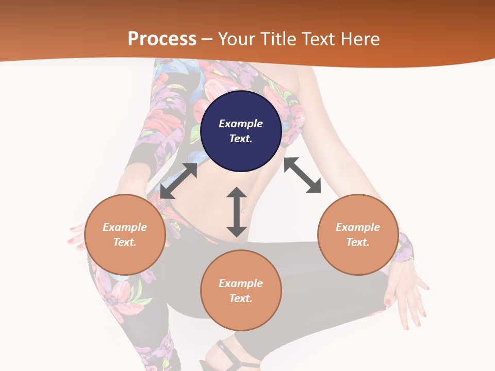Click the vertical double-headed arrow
[237, 212]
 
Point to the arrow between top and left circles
[179, 180]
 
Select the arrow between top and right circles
[302, 175]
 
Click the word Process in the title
[162, 39]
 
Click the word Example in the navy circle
[241, 124]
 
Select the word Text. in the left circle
[125, 242]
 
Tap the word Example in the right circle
[358, 227]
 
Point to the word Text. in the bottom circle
[241, 298]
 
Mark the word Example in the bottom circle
[241, 283]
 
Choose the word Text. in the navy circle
[241, 139]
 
